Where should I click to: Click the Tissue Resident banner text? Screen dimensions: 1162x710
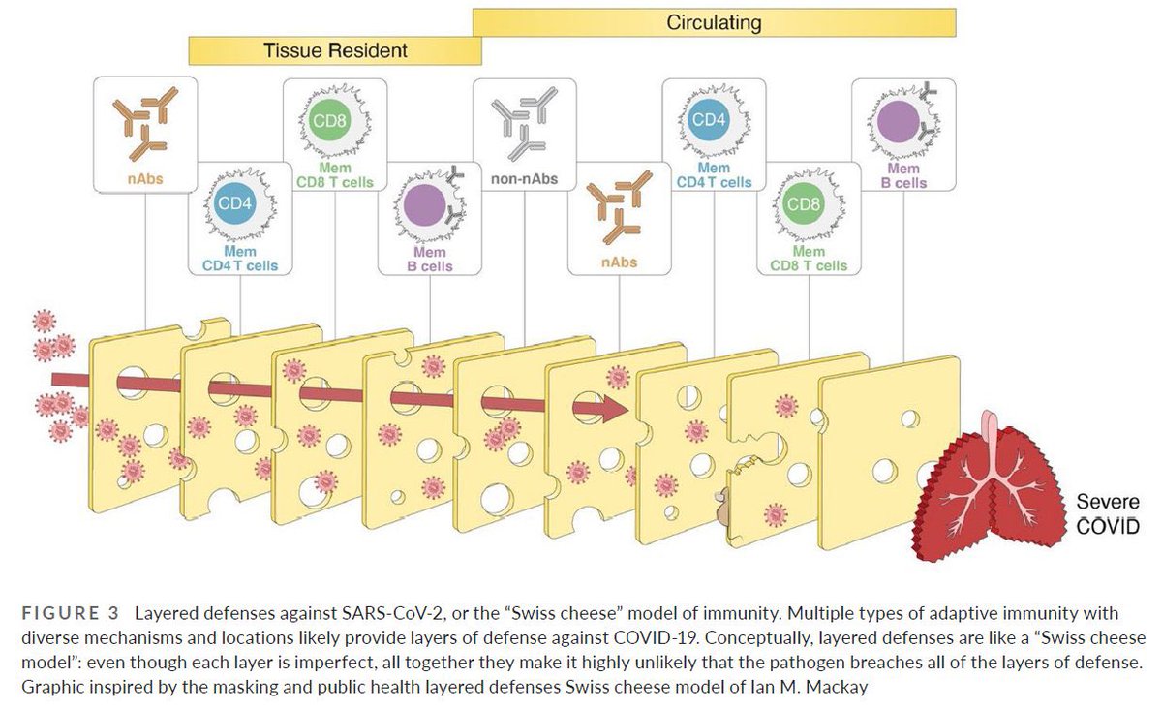(x=335, y=50)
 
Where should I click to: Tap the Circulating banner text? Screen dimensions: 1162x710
(x=714, y=22)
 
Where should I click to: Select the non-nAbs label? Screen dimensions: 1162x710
(x=525, y=179)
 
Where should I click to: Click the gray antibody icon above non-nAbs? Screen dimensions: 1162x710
(x=524, y=122)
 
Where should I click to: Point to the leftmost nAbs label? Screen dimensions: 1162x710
(x=145, y=179)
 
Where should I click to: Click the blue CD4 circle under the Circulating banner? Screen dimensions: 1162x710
(x=709, y=120)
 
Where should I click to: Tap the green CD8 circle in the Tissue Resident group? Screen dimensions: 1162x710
(x=329, y=121)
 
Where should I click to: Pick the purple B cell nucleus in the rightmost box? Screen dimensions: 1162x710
(x=899, y=121)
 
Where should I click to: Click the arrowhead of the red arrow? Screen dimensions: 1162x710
(x=615, y=409)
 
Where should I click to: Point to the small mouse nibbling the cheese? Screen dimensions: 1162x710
(x=723, y=510)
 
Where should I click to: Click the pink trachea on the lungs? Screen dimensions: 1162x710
(x=992, y=440)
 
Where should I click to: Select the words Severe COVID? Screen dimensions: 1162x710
(x=1108, y=513)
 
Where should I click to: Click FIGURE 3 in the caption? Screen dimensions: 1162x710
(x=70, y=613)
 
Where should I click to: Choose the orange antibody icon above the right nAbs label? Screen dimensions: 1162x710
(x=619, y=206)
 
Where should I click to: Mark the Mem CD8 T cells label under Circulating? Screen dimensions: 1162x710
(x=809, y=259)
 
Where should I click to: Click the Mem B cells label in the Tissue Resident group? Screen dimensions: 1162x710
(x=430, y=259)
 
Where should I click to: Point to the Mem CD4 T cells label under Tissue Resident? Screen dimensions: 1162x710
(x=240, y=259)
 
